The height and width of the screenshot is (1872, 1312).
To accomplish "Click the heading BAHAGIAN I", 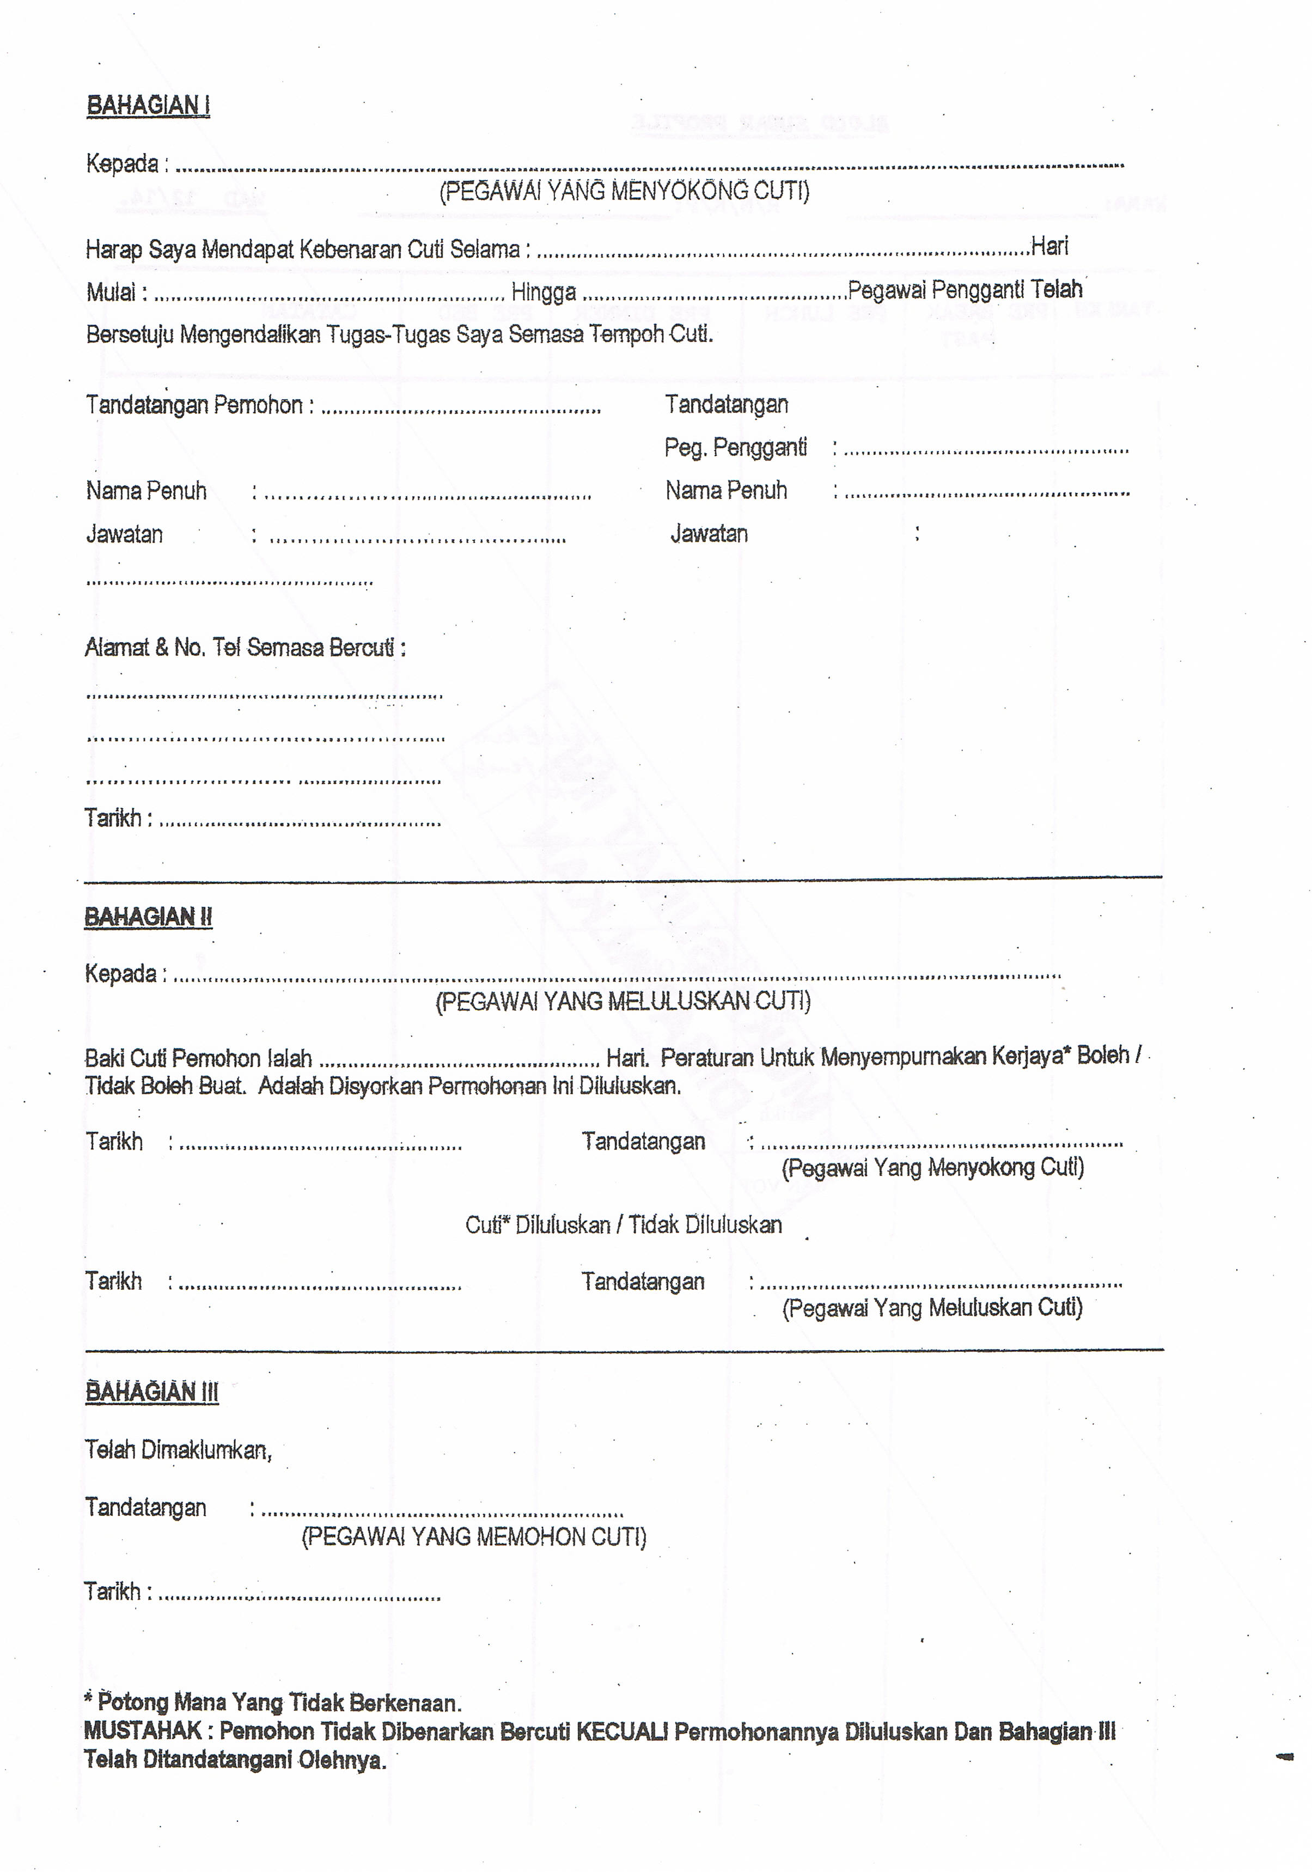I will coord(148,106).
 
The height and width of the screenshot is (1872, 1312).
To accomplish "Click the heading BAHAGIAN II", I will coord(148,917).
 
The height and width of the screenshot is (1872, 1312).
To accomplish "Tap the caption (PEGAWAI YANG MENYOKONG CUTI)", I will coord(624,192).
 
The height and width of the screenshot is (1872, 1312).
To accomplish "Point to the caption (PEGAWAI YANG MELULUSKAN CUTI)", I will coord(623,1001).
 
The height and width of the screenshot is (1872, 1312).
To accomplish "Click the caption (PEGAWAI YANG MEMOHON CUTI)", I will coord(474,1537).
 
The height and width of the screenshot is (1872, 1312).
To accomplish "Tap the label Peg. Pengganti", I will coord(735,448).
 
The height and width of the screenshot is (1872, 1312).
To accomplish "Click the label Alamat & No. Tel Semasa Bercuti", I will coord(245,648).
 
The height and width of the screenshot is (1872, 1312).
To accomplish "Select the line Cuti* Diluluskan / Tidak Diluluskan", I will coord(623,1224).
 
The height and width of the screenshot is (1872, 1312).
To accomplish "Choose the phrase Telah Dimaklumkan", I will coord(178,1450).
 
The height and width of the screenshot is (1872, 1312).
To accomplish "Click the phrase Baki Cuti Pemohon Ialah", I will coord(198,1058).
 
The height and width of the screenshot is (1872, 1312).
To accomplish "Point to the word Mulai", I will coord(112,292).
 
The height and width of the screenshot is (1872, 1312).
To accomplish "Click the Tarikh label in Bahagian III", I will coord(113,1591).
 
